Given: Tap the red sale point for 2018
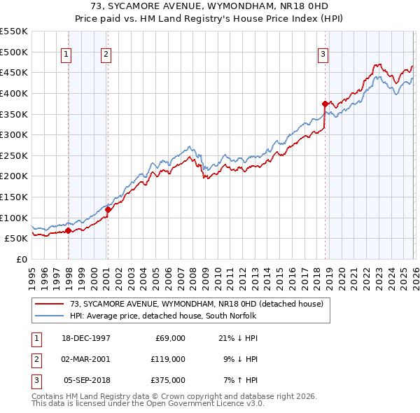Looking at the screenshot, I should point(325,104).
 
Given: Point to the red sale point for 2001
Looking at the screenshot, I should point(108,209).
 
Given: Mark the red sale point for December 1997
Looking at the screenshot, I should point(68,230).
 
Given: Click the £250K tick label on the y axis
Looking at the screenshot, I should point(14,155).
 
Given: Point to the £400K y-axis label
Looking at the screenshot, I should point(14,93).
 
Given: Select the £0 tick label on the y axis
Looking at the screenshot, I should point(21,259).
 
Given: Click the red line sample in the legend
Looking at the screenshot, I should point(50,304).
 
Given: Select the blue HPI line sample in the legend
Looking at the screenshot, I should point(50,316).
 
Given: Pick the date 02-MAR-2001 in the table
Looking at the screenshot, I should point(86,358).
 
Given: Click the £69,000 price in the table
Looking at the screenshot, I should point(168,337).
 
